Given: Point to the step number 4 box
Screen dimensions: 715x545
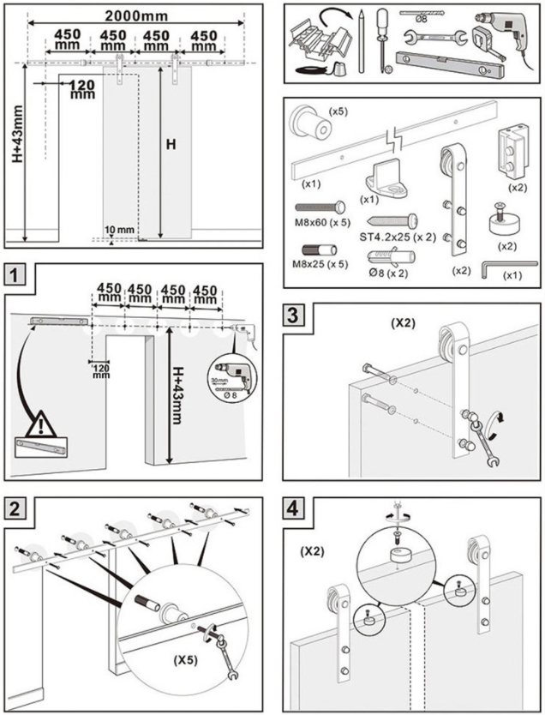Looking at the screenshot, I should [294, 508].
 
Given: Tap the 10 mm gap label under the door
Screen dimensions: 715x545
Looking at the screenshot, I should [120, 231].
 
